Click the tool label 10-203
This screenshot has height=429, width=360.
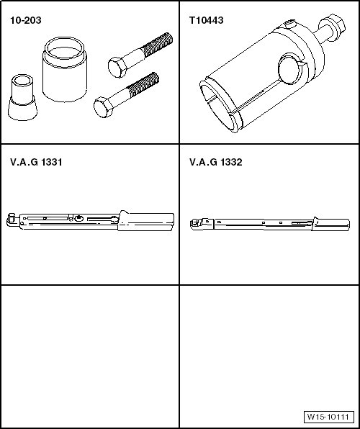tap(26, 20)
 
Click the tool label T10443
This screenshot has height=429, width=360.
tap(207, 20)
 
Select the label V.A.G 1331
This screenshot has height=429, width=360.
tap(36, 162)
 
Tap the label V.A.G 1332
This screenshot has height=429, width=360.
tap(216, 162)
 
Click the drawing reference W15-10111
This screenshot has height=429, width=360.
tap(328, 417)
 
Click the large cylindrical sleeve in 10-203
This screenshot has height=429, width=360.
tap(65, 70)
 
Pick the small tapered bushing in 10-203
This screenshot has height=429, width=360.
tap(22, 97)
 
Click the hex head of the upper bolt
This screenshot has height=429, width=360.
tap(117, 68)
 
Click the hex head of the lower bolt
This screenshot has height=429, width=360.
tap(103, 107)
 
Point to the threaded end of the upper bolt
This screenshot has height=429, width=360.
tap(158, 44)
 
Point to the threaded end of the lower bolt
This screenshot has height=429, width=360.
tap(143, 84)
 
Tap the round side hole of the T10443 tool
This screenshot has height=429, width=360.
tap(290, 69)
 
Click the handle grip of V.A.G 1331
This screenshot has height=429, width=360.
tap(146, 222)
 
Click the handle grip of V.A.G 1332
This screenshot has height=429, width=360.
tap(330, 225)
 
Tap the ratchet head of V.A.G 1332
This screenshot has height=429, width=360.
tap(197, 224)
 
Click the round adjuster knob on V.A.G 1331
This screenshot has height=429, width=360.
tap(79, 218)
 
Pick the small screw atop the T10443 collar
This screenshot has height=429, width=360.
tap(290, 23)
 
